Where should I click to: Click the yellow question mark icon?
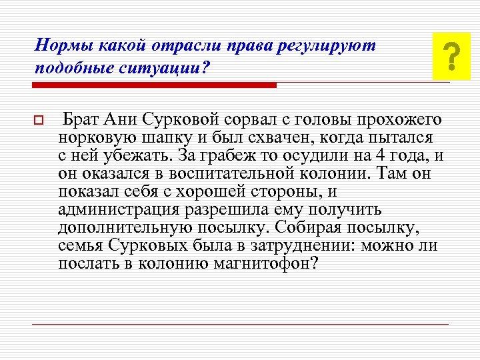(451, 56)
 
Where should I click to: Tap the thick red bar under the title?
(155, 85)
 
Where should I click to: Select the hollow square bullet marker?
(38, 121)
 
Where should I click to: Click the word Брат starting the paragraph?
(81, 120)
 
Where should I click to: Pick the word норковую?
(93, 138)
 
